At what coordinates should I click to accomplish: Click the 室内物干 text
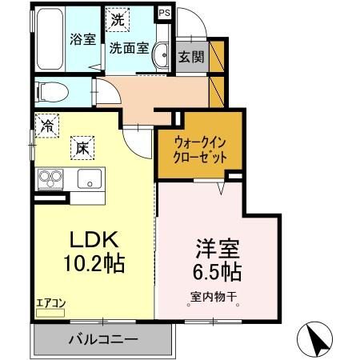[214, 298]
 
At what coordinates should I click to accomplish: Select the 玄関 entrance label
[190, 57]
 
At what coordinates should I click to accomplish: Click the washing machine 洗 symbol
[118, 17]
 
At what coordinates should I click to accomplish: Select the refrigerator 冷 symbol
[48, 124]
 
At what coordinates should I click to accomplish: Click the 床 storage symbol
[83, 146]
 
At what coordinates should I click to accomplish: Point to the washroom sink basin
[159, 48]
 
